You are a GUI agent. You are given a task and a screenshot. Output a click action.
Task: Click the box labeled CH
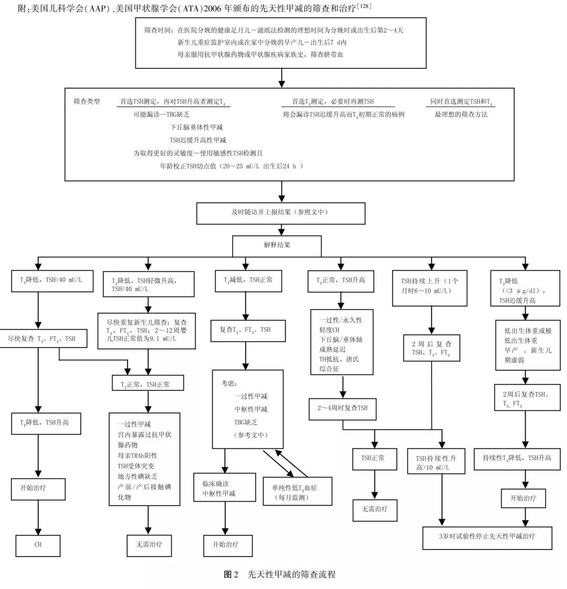pos(38,545)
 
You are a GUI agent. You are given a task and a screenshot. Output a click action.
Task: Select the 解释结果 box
pos(277,245)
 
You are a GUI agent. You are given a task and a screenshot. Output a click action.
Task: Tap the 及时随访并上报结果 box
pos(280,213)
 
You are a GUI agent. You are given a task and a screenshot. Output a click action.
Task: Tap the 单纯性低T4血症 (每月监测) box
pos(298,492)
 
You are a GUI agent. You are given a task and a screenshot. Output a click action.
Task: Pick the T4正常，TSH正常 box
pos(148,384)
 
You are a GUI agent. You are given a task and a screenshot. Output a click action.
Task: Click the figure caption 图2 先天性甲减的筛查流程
pos(280,575)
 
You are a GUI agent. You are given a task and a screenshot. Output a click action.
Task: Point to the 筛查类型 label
pos(87,101)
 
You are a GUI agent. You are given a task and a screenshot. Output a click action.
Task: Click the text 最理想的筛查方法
pos(461,114)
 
